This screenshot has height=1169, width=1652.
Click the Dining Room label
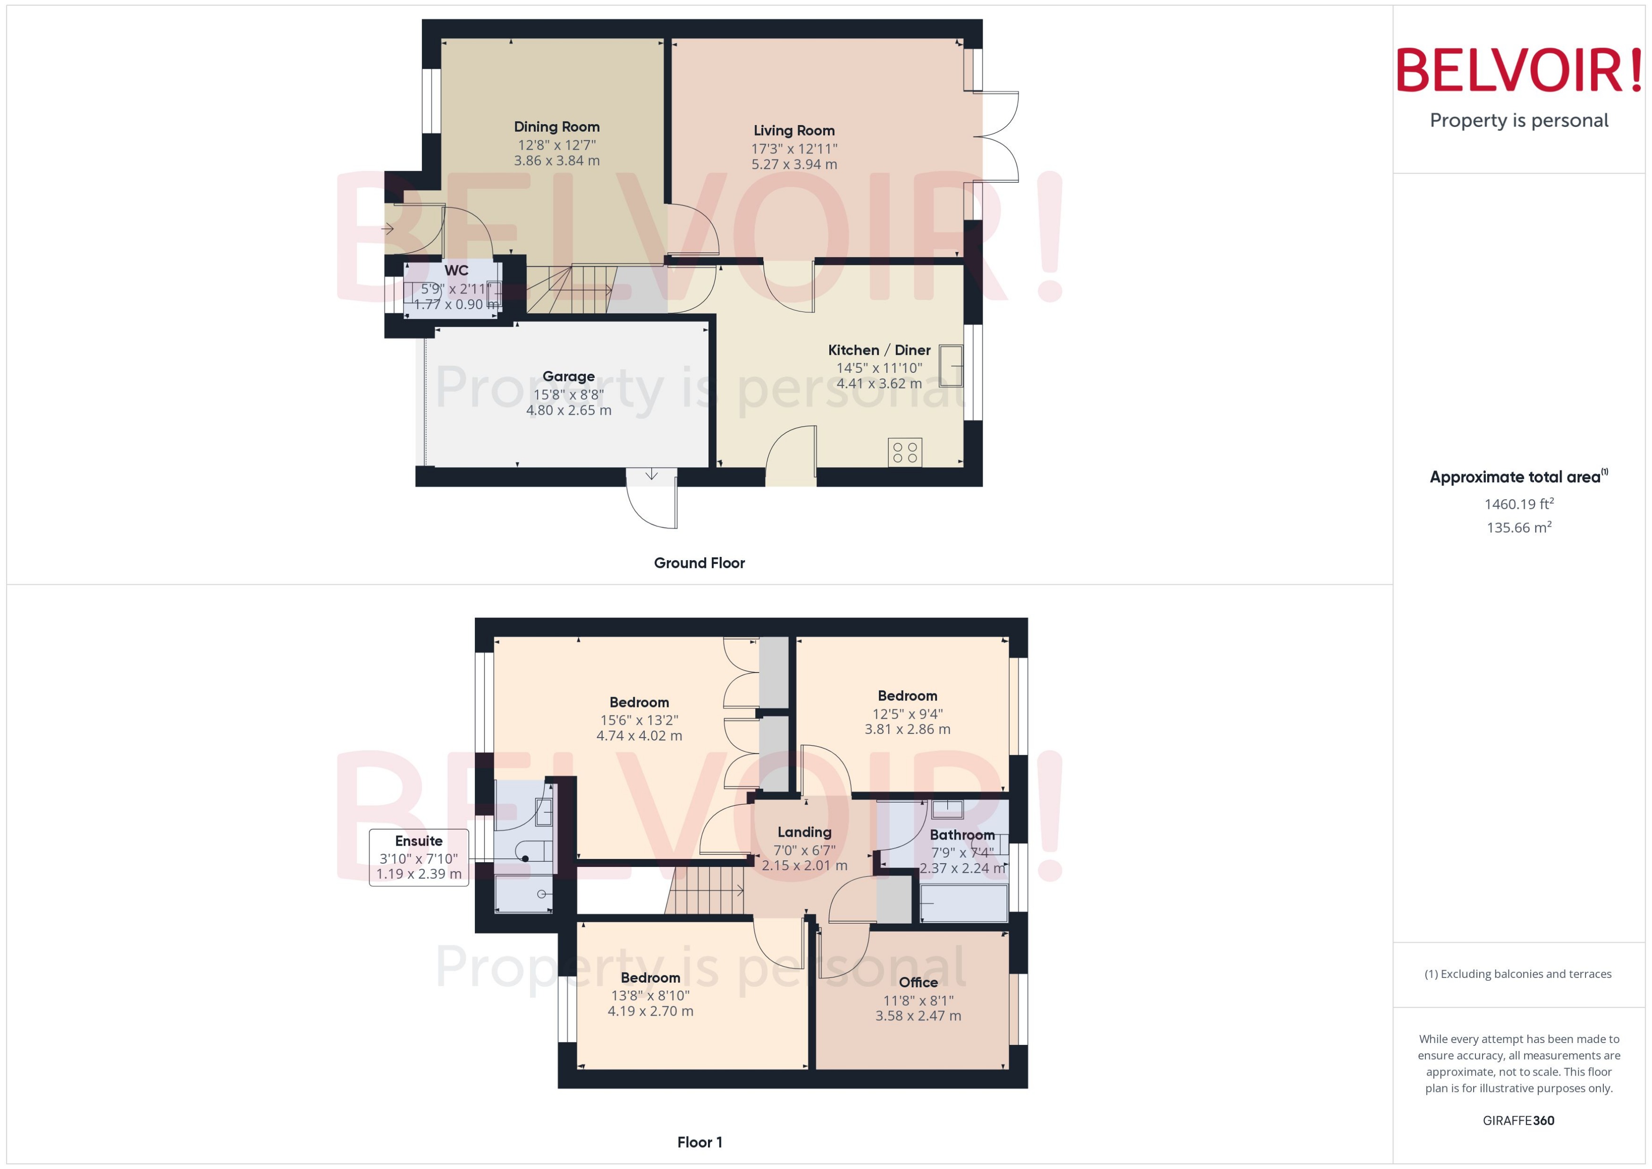[x=556, y=126]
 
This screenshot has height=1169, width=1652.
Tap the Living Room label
[x=794, y=130]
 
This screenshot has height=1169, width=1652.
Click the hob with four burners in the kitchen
[x=905, y=452]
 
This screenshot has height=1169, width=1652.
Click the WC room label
[x=456, y=270]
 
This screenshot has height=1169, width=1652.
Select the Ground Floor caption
[x=699, y=563]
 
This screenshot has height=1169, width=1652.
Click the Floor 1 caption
[x=699, y=1142]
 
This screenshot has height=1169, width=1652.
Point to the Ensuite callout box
[x=419, y=858]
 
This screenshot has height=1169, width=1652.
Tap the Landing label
[x=804, y=832]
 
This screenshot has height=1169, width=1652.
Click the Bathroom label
[x=961, y=835]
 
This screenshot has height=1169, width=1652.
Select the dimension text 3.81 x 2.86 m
[x=907, y=729]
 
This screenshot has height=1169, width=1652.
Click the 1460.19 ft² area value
[x=1518, y=504]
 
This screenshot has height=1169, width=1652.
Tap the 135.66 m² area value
[x=1518, y=528]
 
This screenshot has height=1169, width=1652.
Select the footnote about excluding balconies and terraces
[x=1517, y=974]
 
